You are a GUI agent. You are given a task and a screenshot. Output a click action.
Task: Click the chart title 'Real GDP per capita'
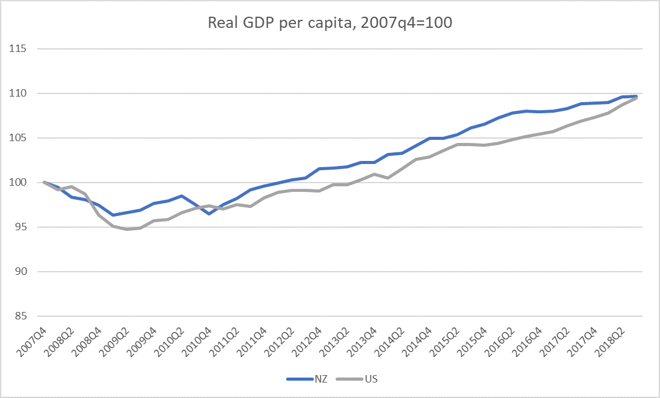coord(330,24)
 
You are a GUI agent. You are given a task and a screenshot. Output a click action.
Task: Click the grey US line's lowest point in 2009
coord(127,229)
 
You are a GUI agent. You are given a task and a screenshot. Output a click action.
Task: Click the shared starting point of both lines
coord(44,182)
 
